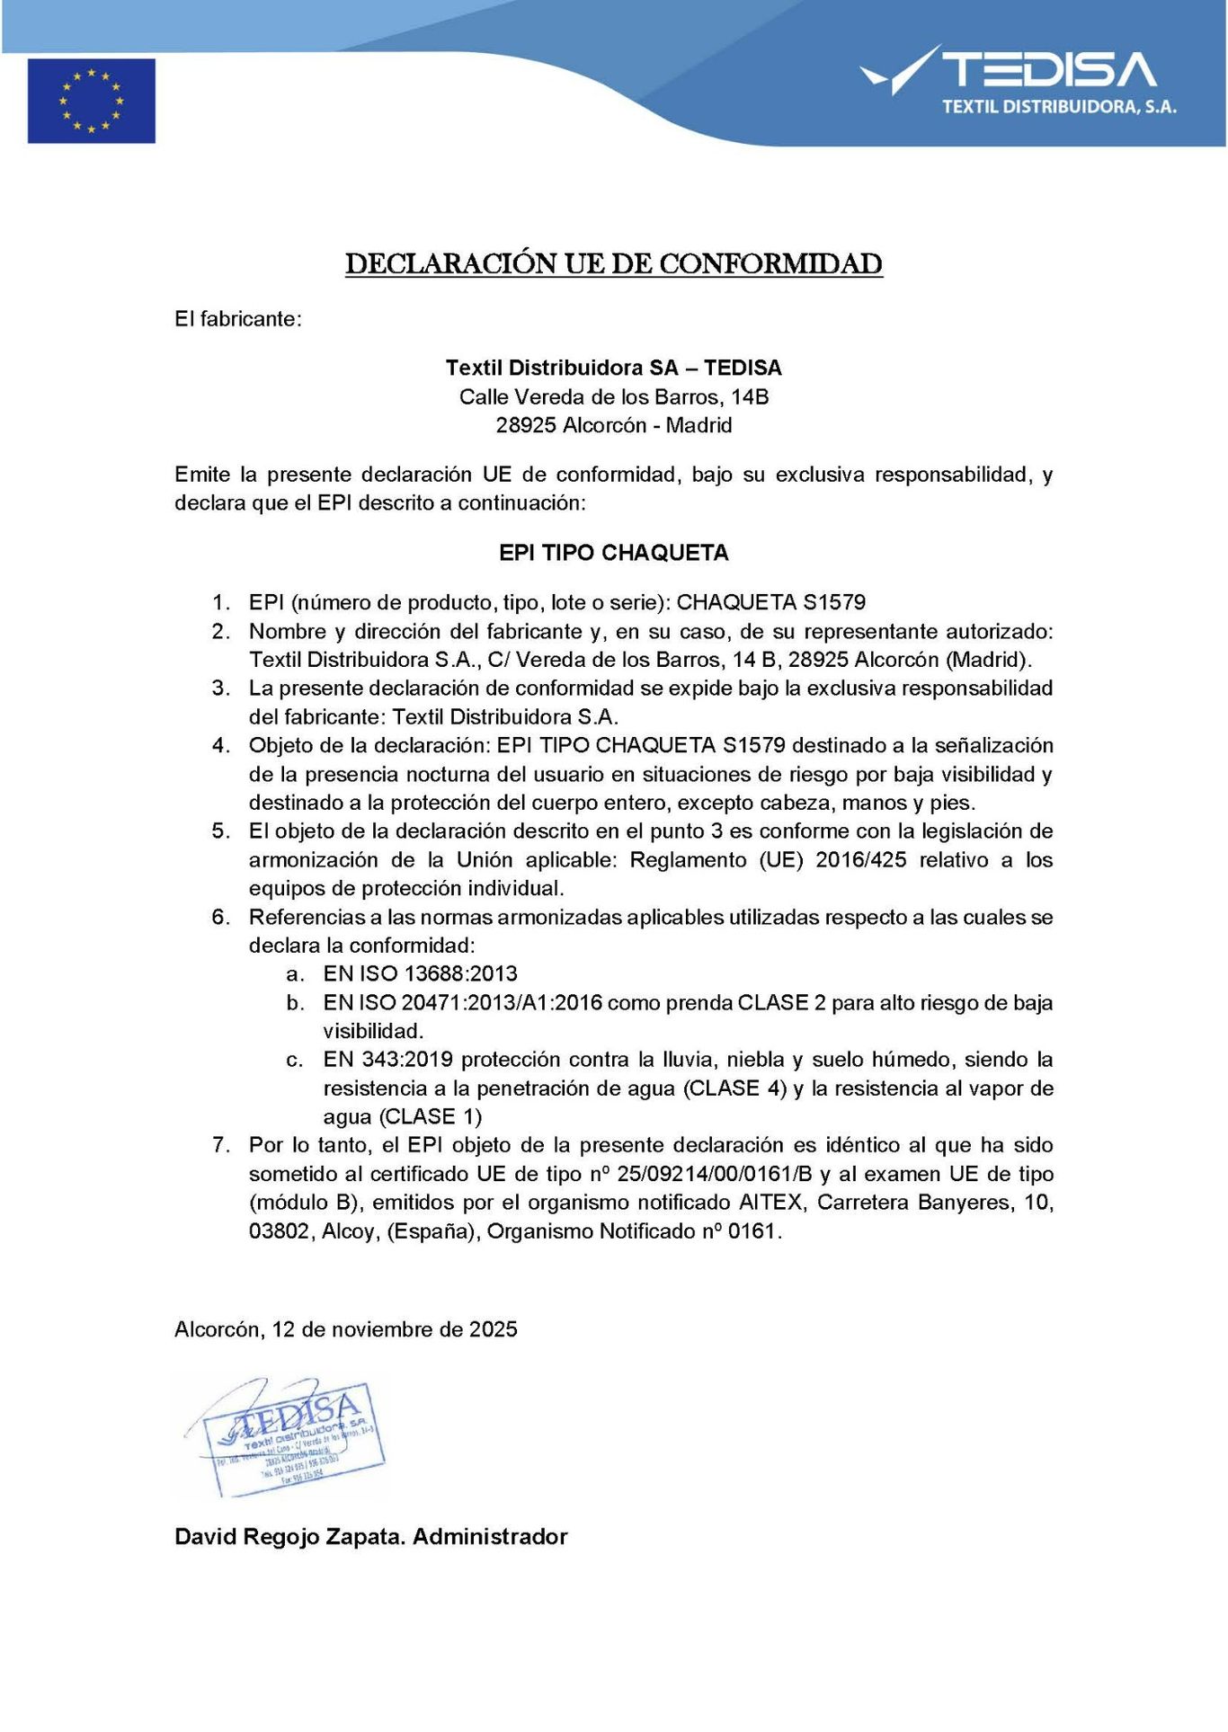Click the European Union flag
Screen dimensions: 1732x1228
click(x=91, y=101)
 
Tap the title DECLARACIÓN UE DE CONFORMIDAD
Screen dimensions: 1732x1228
click(x=614, y=263)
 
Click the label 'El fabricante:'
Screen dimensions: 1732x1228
click(x=238, y=319)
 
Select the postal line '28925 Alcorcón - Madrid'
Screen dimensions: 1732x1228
click(x=614, y=425)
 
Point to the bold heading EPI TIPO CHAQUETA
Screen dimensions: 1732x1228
click(x=614, y=553)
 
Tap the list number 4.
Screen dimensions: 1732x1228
click(x=220, y=746)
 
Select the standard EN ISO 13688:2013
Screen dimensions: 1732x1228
click(x=420, y=974)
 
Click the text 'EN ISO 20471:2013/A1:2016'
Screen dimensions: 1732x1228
click(x=462, y=1003)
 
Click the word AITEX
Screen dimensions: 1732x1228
click(x=770, y=1203)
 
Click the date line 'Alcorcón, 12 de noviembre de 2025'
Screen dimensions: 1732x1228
click(x=346, y=1329)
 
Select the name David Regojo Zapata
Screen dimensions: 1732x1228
click(x=290, y=1537)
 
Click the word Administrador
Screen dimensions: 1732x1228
click(x=490, y=1537)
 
